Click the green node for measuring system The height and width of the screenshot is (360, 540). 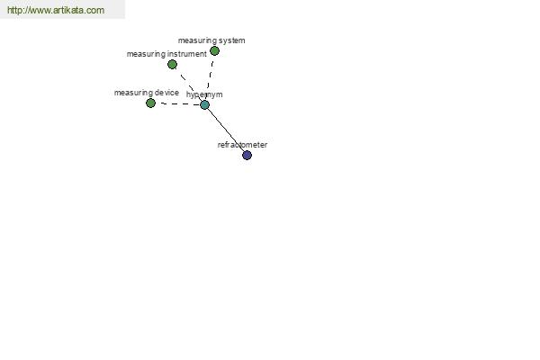point(214,51)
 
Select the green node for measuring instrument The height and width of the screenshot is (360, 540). point(172,65)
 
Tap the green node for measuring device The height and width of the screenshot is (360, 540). point(150,103)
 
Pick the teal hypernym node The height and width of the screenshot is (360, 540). point(204,104)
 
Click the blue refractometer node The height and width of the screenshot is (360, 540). point(247,156)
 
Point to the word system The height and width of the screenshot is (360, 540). point(232,40)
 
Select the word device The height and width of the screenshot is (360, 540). point(167,93)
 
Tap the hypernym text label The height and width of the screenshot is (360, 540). point(204,94)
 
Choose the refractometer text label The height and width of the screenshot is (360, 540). point(242,145)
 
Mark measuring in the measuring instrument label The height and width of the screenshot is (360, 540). point(146,54)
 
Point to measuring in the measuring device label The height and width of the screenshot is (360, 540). point(133,93)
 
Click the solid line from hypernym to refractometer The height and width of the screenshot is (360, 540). point(226,130)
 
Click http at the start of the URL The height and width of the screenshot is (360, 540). point(13,10)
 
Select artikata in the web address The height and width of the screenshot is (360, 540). point(72,10)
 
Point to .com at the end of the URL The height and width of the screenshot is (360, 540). point(98,10)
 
